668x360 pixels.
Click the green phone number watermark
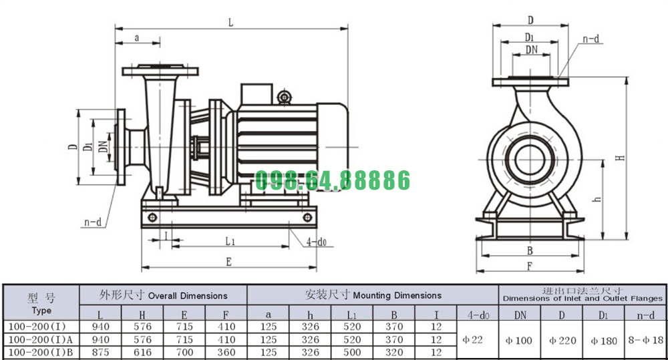pyautogui.click(x=332, y=180)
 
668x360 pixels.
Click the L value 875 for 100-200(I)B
pyautogui.click(x=101, y=353)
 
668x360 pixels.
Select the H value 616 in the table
pyautogui.click(x=142, y=353)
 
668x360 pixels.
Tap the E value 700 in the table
pyautogui.click(x=184, y=353)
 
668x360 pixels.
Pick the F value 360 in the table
pyautogui.click(x=226, y=353)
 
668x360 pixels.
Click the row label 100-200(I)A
pyautogui.click(x=41, y=340)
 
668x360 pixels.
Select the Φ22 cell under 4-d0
pyautogui.click(x=473, y=340)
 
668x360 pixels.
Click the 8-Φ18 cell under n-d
pyautogui.click(x=646, y=340)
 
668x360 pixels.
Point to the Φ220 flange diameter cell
pyautogui.click(x=562, y=341)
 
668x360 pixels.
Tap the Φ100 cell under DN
pyautogui.click(x=519, y=341)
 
